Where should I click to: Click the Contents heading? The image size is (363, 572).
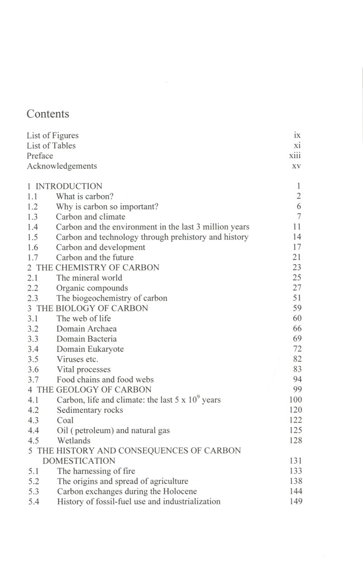point(48,114)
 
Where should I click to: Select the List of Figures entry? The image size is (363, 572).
point(52,135)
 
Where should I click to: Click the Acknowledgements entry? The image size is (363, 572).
point(61,166)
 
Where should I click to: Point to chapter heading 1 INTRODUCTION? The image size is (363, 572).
point(65,187)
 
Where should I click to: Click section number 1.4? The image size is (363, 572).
point(32,227)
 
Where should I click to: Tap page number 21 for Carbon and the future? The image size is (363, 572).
point(297,258)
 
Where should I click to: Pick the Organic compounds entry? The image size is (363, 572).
point(92,288)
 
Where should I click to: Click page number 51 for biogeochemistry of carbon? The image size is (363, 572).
point(297,298)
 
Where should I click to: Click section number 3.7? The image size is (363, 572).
point(32,379)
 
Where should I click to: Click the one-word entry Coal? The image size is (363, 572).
point(65,420)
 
